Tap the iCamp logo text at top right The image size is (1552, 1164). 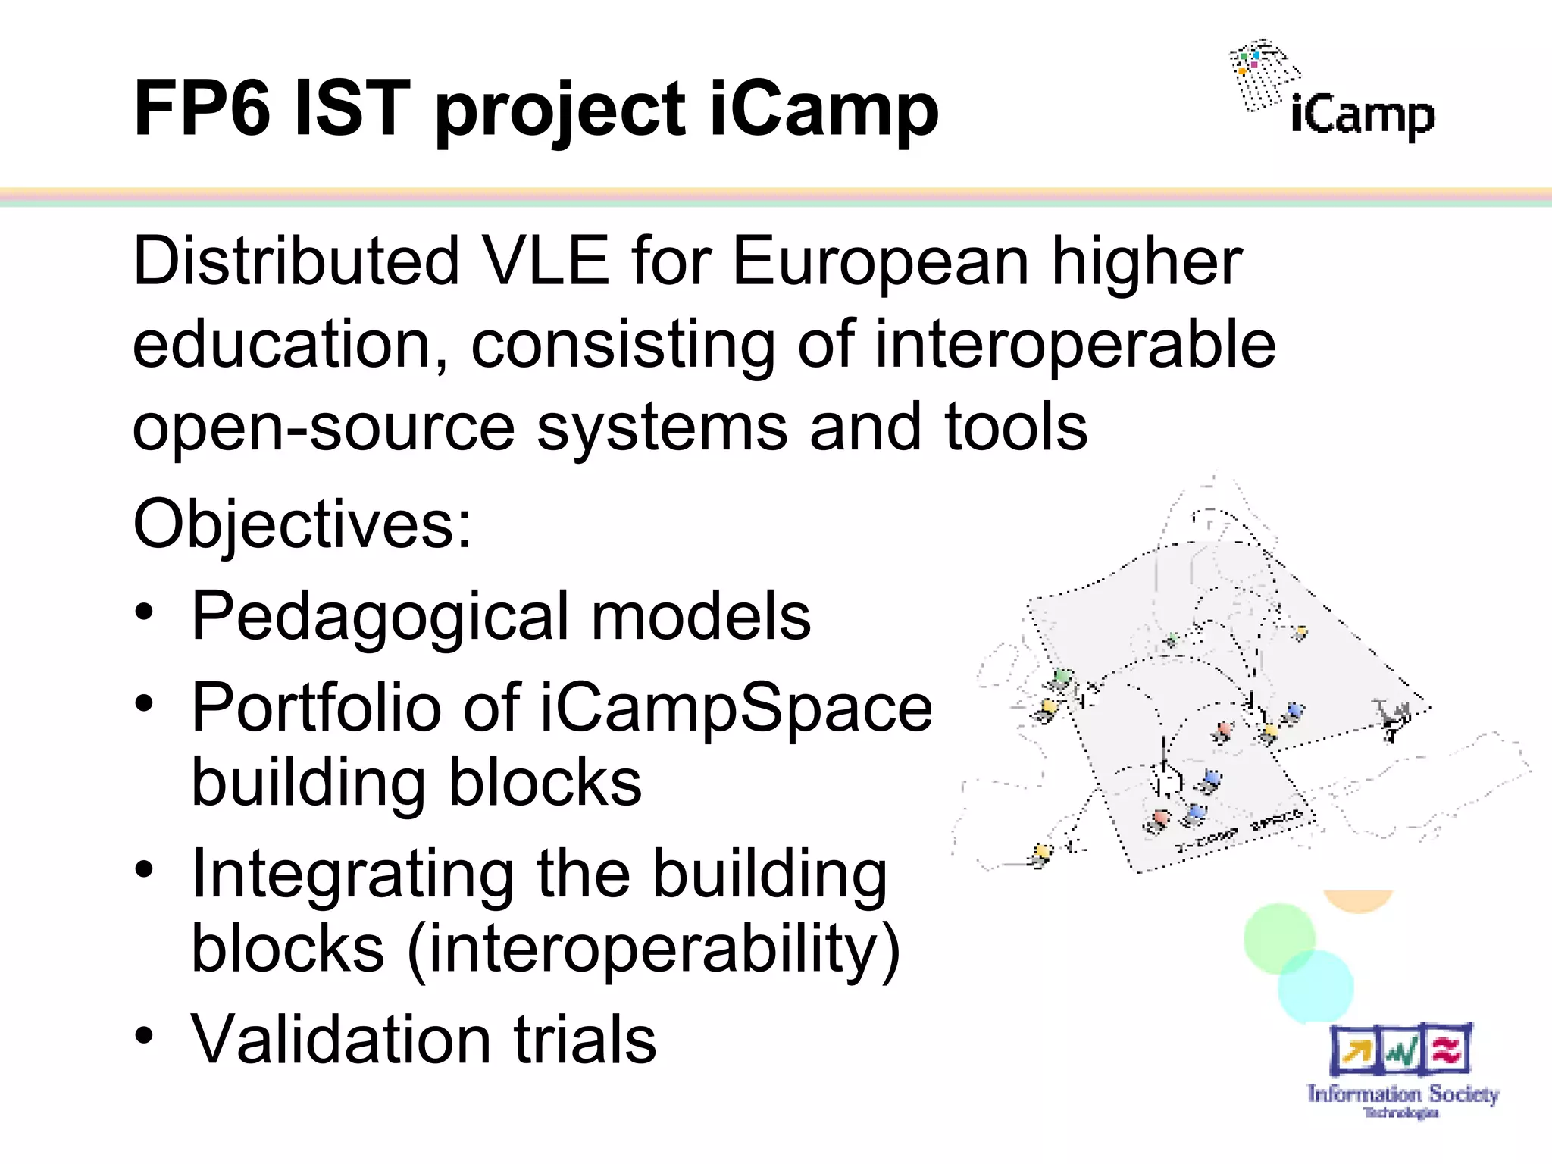pyautogui.click(x=1362, y=115)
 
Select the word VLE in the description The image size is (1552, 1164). pyautogui.click(x=546, y=261)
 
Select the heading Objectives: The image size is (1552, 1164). pyautogui.click(x=302, y=524)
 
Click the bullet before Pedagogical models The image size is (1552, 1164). pyautogui.click(x=145, y=612)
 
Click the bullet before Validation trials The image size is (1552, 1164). pyautogui.click(x=145, y=1035)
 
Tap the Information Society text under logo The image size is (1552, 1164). pyautogui.click(x=1402, y=1094)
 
